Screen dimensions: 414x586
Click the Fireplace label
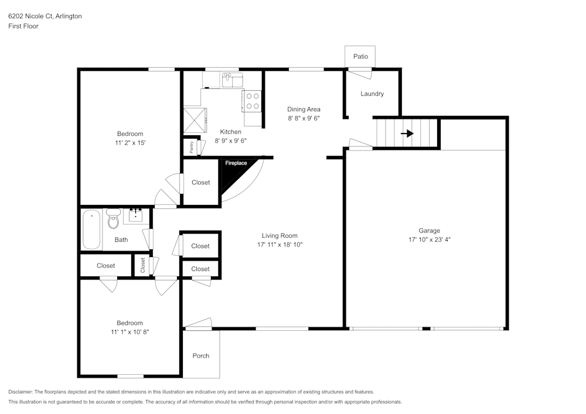pyautogui.click(x=236, y=163)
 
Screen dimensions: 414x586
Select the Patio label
pyautogui.click(x=360, y=56)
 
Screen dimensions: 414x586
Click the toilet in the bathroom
pyautogui.click(x=114, y=220)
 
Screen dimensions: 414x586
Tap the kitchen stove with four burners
pyautogui.click(x=253, y=101)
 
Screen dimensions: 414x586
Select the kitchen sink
pyautogui.click(x=232, y=78)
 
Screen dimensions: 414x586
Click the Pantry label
pyautogui.click(x=192, y=147)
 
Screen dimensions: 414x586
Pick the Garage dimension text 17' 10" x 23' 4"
pyautogui.click(x=430, y=239)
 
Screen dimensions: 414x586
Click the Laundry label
pyautogui.click(x=372, y=94)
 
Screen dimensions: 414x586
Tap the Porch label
pyautogui.click(x=201, y=355)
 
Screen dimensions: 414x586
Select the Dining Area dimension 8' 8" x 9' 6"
pyautogui.click(x=304, y=118)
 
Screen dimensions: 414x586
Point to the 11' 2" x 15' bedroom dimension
pyautogui.click(x=130, y=143)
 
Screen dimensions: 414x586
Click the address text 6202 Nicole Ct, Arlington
pyautogui.click(x=45, y=16)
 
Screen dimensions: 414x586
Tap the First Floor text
pyautogui.click(x=23, y=26)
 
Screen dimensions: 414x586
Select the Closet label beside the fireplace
pyautogui.click(x=200, y=183)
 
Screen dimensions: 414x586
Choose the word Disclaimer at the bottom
pyautogui.click(x=21, y=392)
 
